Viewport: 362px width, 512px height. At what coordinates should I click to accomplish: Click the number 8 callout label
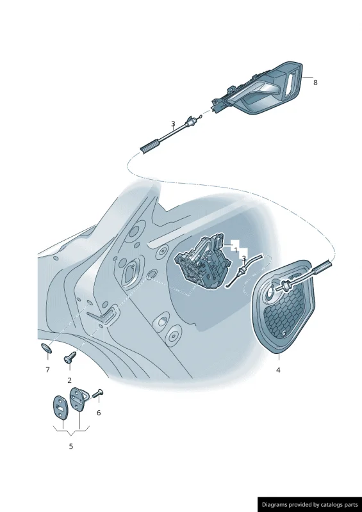[x=315, y=83]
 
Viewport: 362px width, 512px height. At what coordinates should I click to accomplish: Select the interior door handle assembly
[x=258, y=89]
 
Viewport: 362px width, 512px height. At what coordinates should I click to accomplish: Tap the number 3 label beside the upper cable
[x=173, y=124]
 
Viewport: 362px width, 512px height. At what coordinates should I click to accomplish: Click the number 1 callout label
[x=236, y=250]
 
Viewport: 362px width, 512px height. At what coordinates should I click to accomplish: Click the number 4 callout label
[x=278, y=370]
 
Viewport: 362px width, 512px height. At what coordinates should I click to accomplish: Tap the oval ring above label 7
[x=46, y=348]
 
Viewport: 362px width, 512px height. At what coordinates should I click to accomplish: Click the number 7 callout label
[x=48, y=370]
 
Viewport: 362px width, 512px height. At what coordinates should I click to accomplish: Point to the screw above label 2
[x=70, y=357]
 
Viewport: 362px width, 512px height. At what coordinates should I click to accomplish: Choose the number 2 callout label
[x=69, y=380]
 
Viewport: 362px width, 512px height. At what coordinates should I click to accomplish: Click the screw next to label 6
[x=97, y=394]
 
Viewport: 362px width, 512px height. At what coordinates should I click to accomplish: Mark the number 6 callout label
[x=99, y=413]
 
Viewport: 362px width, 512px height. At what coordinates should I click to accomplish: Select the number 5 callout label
[x=71, y=446]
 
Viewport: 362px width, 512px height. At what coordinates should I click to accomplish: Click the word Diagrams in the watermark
[x=274, y=504]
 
